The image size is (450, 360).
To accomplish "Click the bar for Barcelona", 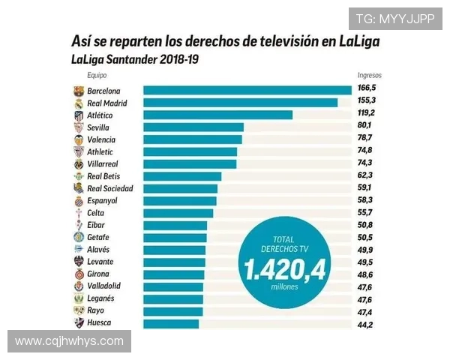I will click(247, 91).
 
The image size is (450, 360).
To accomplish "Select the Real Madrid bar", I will click(240, 103).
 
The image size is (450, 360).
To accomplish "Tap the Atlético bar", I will click(217, 115).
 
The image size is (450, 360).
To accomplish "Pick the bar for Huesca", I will click(171, 323).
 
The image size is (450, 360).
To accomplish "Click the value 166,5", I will click(366, 91).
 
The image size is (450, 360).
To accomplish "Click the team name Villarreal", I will click(103, 163).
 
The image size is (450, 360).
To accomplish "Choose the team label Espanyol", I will click(102, 201).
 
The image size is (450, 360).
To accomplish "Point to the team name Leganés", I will click(101, 298).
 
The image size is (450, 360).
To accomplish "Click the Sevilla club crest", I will click(79, 127).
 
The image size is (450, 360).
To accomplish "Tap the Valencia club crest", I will click(79, 139).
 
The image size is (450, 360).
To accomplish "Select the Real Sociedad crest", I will click(79, 188).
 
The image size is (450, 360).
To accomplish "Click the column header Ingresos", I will click(369, 76).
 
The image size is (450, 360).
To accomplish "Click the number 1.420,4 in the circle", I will click(283, 268).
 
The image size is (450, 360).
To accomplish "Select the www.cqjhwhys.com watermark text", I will click(69, 341).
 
